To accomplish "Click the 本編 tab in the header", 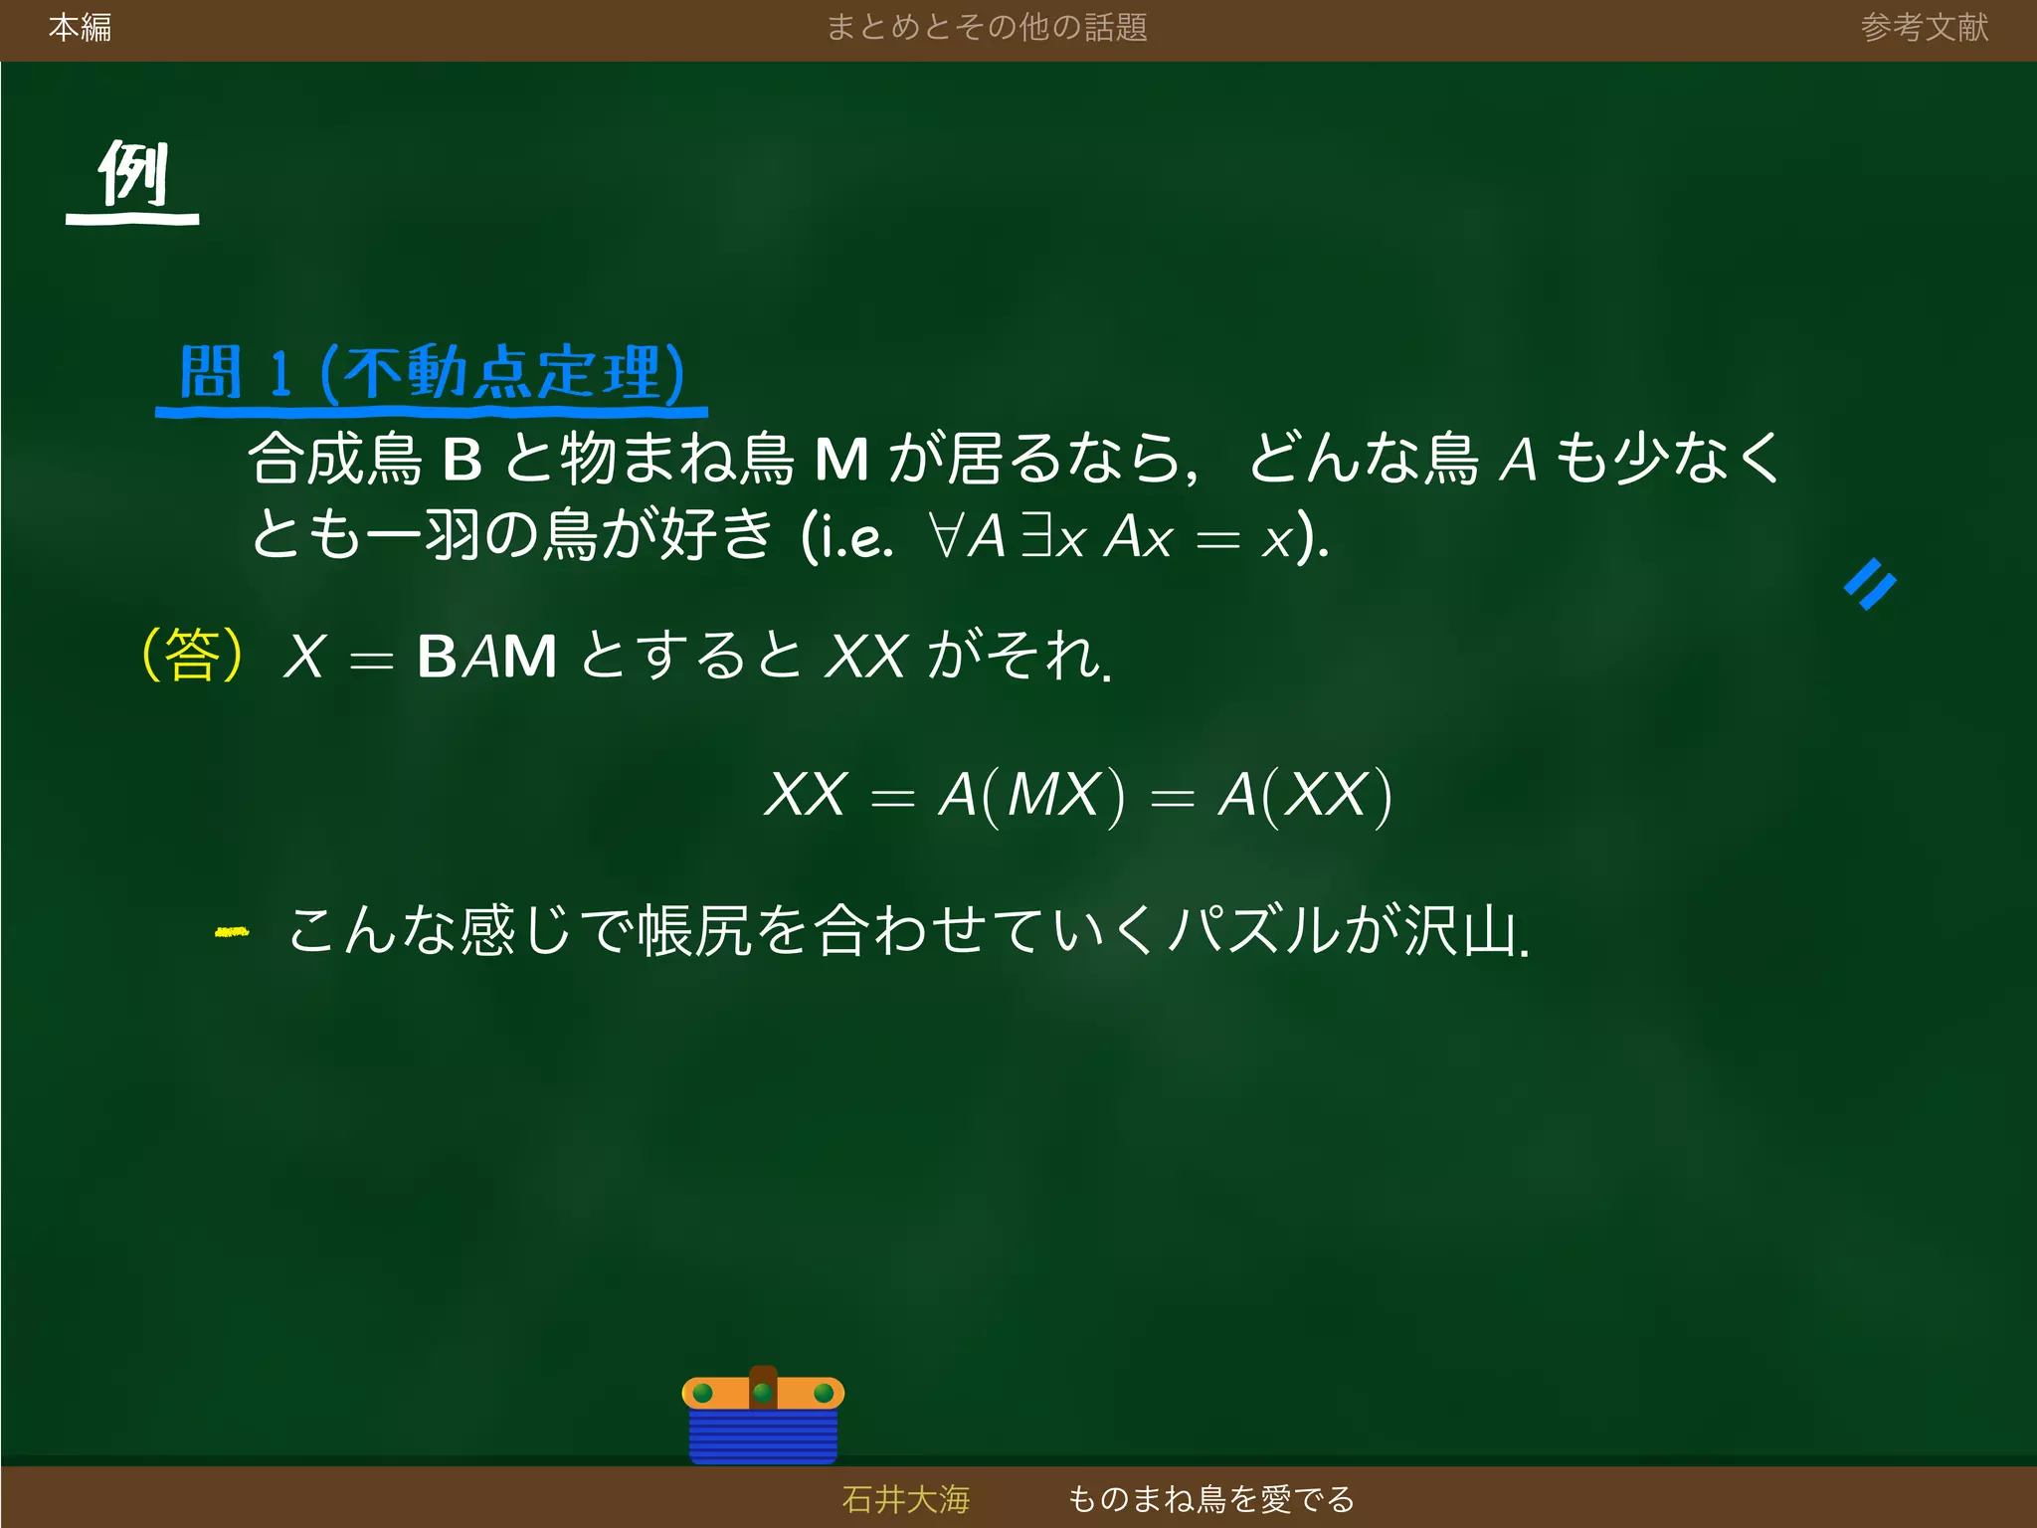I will [80, 28].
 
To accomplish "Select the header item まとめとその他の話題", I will [987, 28].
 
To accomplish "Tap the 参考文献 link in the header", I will [1924, 28].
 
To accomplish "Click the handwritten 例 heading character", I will [133, 174].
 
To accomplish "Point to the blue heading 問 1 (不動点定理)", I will [432, 373].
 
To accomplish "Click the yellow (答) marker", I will [193, 655].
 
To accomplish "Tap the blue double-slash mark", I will [1870, 584].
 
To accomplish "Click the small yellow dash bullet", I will [232, 932].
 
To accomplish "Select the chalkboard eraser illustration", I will [763, 1416].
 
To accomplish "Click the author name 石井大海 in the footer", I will [905, 1498].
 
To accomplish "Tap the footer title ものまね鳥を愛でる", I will [1210, 1498].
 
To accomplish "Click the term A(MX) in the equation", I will [1031, 796].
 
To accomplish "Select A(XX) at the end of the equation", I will [1305, 796].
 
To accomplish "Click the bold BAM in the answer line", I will [486, 657].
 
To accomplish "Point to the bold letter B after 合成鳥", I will [462, 460].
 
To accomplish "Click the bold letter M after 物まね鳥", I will [841, 460].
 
